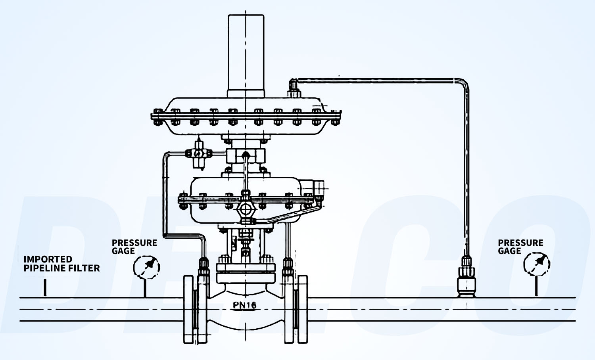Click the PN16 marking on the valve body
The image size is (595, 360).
point(244,305)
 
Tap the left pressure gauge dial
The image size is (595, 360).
point(146,267)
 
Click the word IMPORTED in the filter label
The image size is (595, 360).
point(48,259)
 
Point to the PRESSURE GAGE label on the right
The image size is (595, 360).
point(520,247)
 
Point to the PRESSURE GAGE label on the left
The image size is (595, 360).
point(134,247)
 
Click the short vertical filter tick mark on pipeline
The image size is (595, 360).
point(45,287)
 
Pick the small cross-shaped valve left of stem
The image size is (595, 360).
point(197,153)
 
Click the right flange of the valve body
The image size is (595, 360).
point(302,309)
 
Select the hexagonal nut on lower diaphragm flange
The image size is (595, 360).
point(246,208)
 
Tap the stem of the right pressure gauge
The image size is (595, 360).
point(536,286)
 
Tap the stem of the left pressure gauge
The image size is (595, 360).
point(145,288)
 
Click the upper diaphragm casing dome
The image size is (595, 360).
point(246,104)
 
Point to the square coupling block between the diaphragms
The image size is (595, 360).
point(246,155)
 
